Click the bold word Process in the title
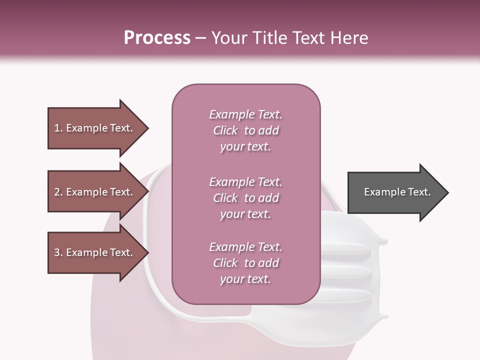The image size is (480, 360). pyautogui.click(x=157, y=38)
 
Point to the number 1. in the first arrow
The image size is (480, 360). pyautogui.click(x=58, y=128)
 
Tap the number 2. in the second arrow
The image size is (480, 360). pyautogui.click(x=58, y=192)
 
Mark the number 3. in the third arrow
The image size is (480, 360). pyautogui.click(x=58, y=252)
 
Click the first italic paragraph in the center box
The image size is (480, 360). pyautogui.click(x=245, y=130)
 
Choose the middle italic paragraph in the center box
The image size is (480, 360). pyautogui.click(x=245, y=198)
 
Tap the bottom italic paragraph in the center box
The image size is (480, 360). pyautogui.click(x=245, y=263)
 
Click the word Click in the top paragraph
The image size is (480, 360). pyautogui.click(x=225, y=130)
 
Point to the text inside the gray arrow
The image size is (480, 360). pyautogui.click(x=397, y=192)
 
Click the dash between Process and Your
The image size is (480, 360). pyautogui.click(x=200, y=38)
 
